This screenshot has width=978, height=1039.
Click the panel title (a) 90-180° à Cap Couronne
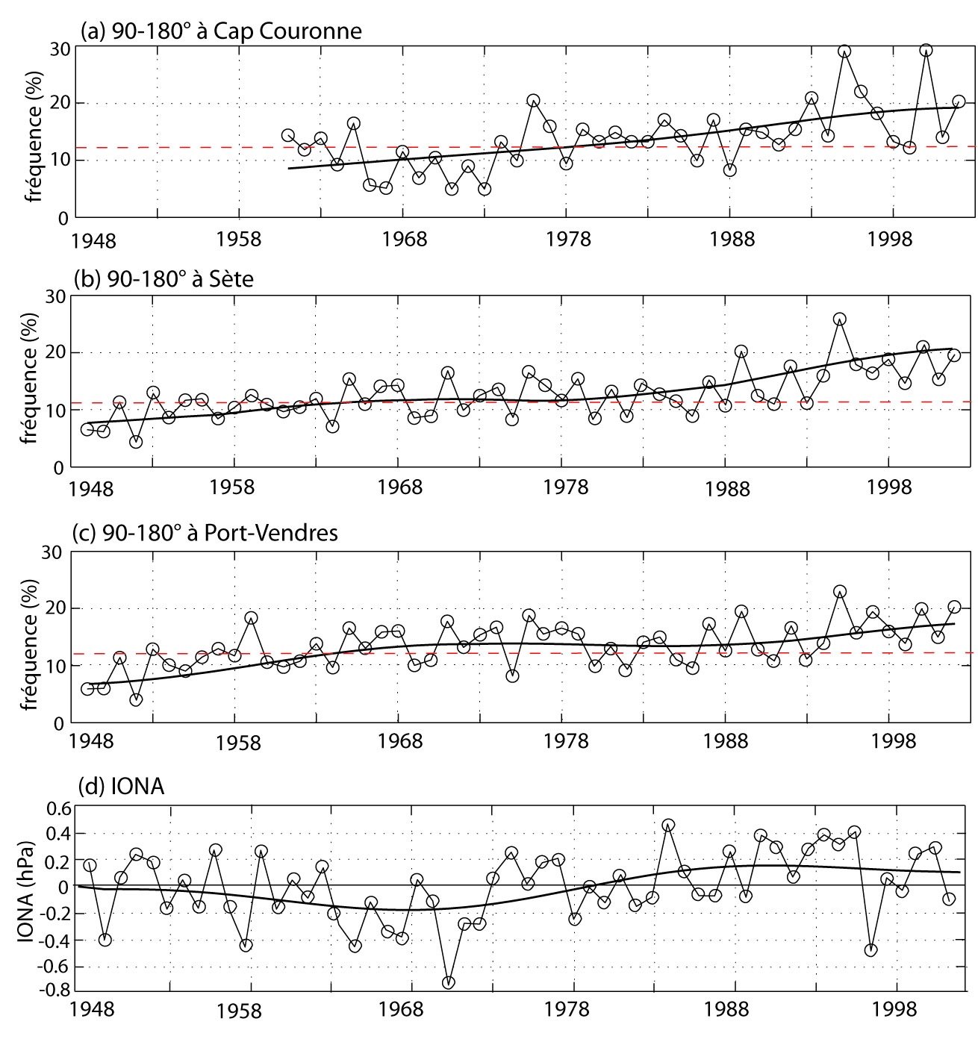coord(221,31)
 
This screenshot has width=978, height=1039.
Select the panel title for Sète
coord(163,278)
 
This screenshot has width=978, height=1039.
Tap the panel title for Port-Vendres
coord(205,532)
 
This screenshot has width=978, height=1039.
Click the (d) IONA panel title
coord(121,786)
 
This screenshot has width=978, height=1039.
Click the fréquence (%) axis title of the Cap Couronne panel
coord(34,137)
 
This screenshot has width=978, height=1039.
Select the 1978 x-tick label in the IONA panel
coord(567,1009)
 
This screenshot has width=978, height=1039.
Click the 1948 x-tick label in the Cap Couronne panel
coord(93,240)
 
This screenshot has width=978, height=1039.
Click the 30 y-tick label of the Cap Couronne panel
coord(60,49)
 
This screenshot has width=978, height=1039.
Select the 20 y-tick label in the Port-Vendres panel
coord(52,608)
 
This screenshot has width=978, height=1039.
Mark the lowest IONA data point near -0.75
coord(448,982)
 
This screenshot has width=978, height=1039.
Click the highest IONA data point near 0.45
coord(668,825)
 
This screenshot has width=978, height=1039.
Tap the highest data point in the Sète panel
coord(839,319)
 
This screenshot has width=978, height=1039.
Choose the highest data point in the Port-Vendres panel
coord(839,592)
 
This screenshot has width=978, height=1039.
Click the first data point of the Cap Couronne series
coord(287,135)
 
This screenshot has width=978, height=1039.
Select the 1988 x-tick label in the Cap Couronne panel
coord(732,239)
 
